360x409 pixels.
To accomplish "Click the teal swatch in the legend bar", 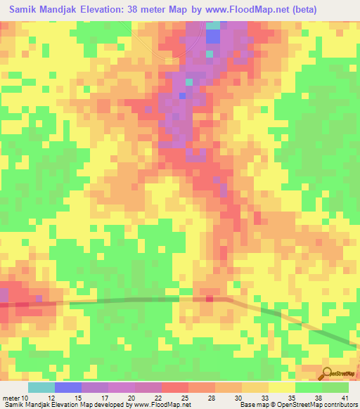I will (41, 387).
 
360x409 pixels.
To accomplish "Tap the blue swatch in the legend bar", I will (67, 387).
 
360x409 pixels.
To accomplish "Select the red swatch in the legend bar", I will (174, 387).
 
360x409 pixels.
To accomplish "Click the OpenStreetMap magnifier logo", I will (328, 372).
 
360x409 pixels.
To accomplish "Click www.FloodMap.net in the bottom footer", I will (161, 405).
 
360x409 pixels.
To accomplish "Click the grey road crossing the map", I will (141, 300).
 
